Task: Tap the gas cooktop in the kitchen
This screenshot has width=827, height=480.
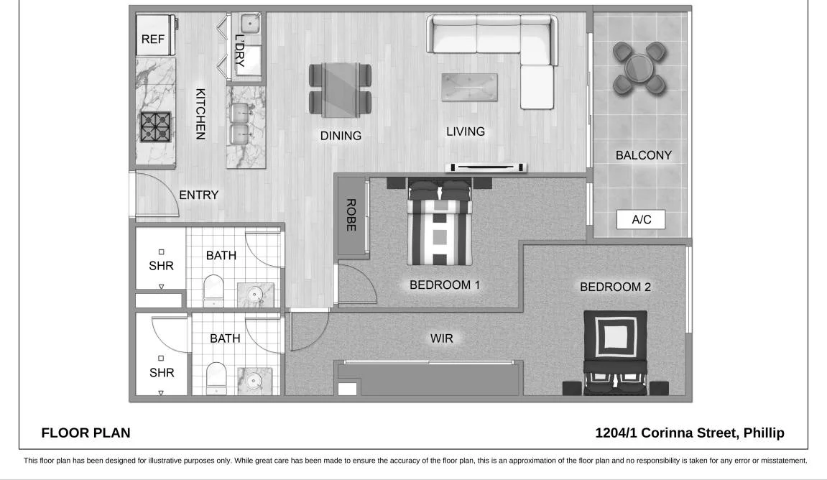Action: pyautogui.click(x=154, y=127)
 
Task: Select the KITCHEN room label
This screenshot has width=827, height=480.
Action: pyautogui.click(x=201, y=114)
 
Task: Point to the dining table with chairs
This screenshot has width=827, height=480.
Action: pyautogui.click(x=341, y=89)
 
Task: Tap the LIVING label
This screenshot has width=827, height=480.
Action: pyautogui.click(x=466, y=131)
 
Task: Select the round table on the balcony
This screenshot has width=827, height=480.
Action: pyautogui.click(x=639, y=68)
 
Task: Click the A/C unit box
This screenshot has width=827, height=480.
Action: pyautogui.click(x=641, y=220)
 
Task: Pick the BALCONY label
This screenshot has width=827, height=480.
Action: pyautogui.click(x=643, y=155)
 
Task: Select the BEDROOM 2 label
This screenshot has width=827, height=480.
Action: pyautogui.click(x=615, y=287)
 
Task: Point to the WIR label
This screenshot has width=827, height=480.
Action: pyautogui.click(x=442, y=338)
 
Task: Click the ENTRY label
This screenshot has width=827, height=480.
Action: pyautogui.click(x=198, y=195)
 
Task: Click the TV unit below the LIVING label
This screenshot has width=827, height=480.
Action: pyautogui.click(x=486, y=167)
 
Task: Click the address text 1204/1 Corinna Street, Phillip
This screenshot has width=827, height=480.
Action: pyautogui.click(x=690, y=433)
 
